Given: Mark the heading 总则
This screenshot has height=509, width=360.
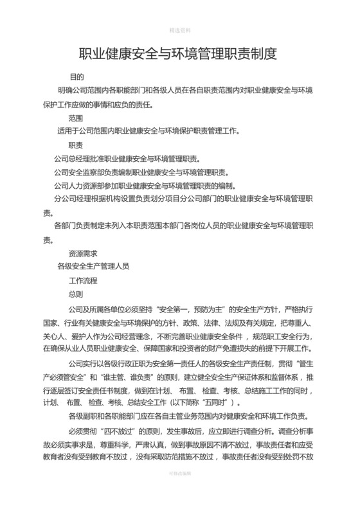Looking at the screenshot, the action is click(76, 294).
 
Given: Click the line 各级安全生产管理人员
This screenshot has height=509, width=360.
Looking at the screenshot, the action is click(94, 265).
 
